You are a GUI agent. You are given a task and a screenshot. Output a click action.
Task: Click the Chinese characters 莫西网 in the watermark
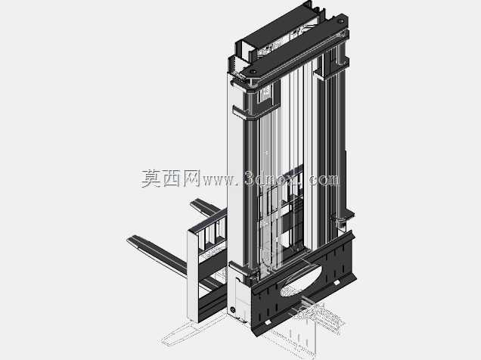click(x=171, y=178)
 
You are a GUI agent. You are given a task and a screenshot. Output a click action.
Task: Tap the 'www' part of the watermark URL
click(x=218, y=180)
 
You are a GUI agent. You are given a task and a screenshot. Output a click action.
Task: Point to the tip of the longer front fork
click(x=129, y=239)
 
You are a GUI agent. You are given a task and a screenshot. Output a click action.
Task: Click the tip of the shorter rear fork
click(x=193, y=203)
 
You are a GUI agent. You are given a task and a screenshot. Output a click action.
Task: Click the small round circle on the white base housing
click(x=232, y=310)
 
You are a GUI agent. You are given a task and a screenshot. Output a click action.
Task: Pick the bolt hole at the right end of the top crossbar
click(x=340, y=21)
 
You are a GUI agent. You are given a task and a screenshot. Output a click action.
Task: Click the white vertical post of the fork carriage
click(x=193, y=276)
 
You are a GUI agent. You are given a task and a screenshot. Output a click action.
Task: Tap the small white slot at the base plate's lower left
click(x=268, y=322)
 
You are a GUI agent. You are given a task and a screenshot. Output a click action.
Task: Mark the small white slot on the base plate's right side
click(x=337, y=282)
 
